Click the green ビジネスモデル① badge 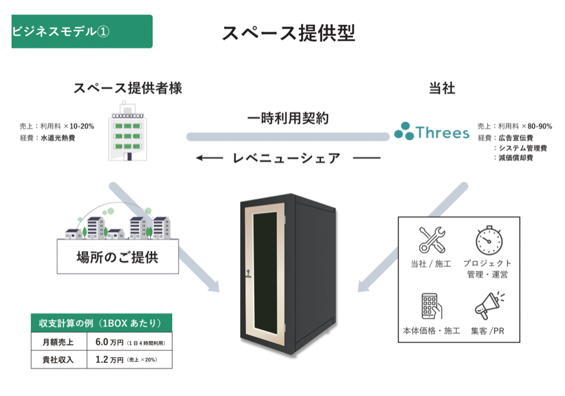82,31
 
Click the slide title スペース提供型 288,33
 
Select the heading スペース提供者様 127,88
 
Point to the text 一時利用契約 288,118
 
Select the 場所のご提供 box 117,258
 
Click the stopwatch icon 488,240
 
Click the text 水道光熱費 58,138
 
